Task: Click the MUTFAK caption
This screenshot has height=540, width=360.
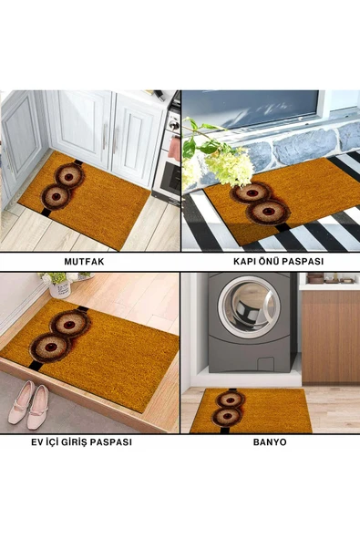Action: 84,262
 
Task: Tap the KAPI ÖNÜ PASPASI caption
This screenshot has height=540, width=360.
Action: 279,262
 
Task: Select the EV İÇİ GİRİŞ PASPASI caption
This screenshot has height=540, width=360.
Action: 81,441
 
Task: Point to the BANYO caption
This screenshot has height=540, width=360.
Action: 270,441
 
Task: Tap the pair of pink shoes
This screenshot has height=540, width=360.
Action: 29,405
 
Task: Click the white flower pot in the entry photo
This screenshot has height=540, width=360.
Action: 60,288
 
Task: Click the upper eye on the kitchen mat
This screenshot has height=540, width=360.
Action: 69,176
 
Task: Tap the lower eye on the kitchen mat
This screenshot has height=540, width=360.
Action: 56,196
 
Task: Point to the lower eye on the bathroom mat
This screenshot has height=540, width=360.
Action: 226,416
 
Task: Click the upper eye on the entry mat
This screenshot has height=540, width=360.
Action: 69,325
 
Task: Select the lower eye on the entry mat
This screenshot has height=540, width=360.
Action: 50,348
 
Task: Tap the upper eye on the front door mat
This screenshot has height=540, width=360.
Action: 252,192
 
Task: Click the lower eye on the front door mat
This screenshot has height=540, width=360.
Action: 268,211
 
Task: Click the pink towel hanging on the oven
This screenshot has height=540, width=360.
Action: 174,148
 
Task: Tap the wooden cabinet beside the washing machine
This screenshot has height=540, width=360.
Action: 331,337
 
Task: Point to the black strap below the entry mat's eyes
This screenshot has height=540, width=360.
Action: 34,366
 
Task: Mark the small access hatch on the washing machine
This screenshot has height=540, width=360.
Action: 266,364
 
